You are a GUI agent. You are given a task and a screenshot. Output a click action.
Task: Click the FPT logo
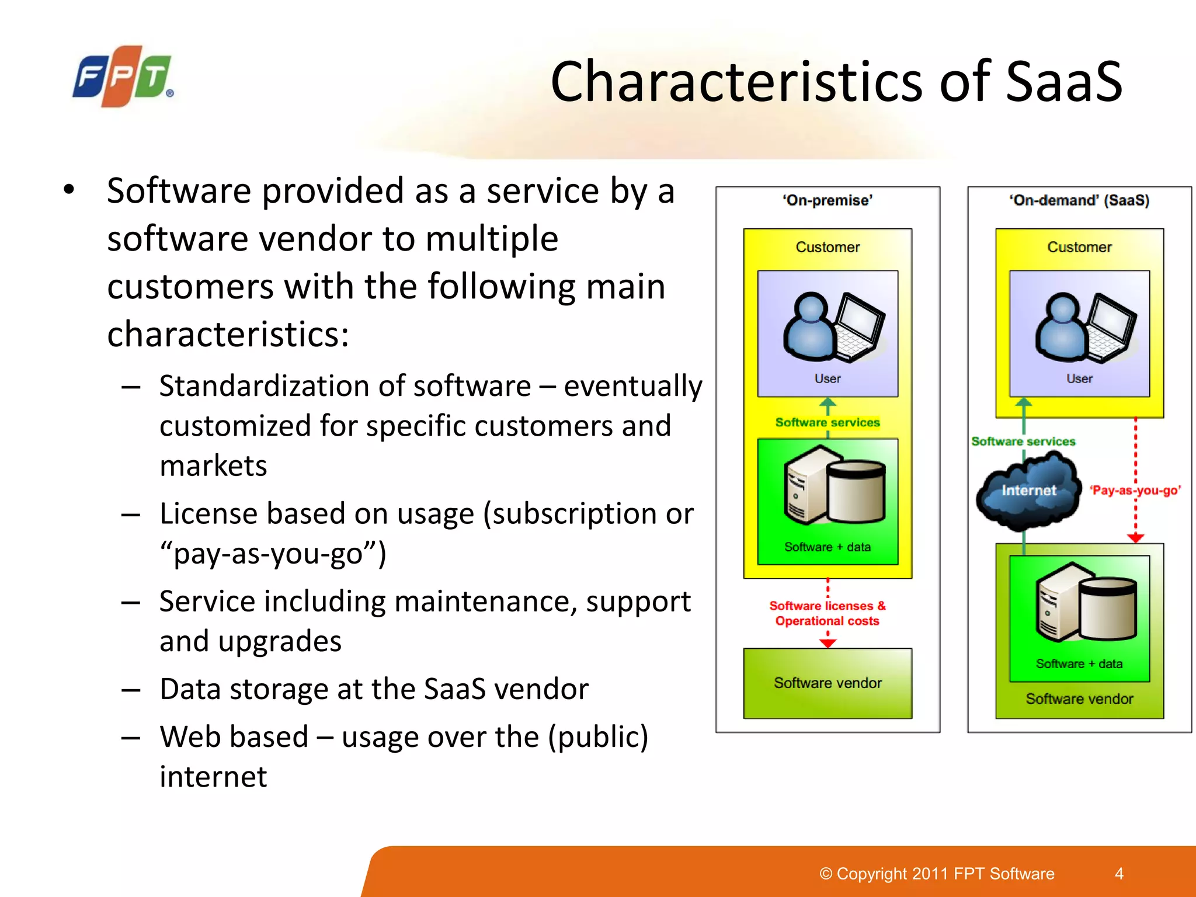click(x=122, y=77)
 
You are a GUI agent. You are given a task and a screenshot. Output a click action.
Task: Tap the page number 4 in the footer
click(x=1119, y=874)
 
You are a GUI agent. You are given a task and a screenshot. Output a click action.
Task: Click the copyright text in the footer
click(x=937, y=874)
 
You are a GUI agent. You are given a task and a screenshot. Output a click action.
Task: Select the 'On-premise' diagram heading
click(x=828, y=200)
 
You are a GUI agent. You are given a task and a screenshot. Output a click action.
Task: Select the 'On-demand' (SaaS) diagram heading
click(x=1079, y=200)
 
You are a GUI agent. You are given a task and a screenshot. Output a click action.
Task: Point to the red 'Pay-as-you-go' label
click(x=1135, y=491)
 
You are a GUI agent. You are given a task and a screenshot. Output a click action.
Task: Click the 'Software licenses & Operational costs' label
click(x=827, y=613)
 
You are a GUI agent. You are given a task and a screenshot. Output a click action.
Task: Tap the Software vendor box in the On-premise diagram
click(x=828, y=683)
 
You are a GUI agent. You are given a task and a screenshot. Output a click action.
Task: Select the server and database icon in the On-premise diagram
click(x=835, y=485)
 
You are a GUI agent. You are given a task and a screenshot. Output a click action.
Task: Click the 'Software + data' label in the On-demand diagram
click(x=1079, y=664)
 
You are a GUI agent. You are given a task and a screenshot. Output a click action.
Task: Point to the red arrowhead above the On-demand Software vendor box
click(x=1135, y=537)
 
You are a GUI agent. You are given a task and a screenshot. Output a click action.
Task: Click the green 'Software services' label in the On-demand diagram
click(x=1023, y=441)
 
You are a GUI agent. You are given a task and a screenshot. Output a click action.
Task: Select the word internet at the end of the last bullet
click(x=213, y=777)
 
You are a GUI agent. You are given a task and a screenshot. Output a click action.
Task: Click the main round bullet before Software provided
click(x=69, y=190)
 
